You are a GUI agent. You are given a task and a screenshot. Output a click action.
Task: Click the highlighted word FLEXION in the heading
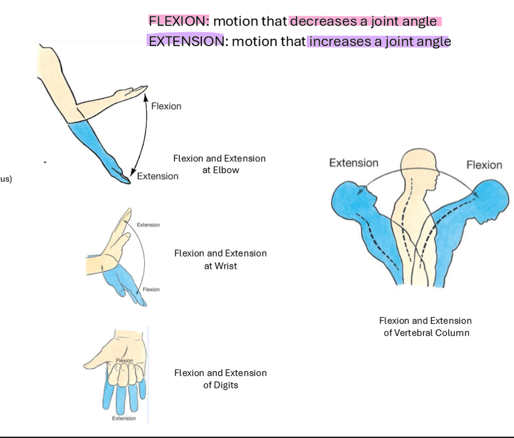(178, 21)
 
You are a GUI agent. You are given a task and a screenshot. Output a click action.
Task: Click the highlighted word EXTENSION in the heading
(185, 41)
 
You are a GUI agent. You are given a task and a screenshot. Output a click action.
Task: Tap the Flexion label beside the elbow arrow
(166, 106)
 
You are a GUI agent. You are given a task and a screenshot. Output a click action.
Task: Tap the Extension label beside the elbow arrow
(158, 176)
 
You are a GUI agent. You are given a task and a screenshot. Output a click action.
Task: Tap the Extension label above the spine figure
(353, 163)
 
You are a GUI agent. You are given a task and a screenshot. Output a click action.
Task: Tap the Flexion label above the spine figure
(484, 165)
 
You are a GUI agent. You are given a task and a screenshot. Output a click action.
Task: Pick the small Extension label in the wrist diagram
(149, 225)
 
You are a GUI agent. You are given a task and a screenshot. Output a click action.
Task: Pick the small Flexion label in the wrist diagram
(151, 289)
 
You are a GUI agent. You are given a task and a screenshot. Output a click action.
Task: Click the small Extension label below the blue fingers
(124, 418)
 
